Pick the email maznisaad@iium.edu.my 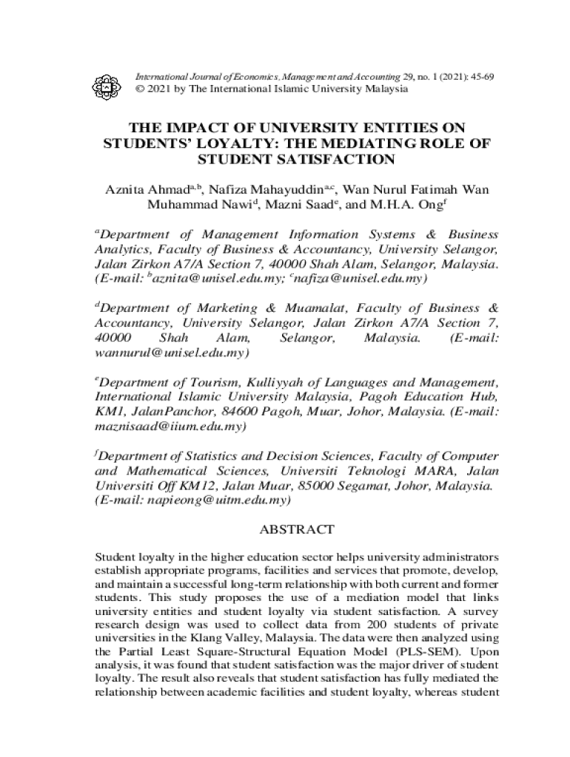point(171,427)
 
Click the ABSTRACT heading point(297,530)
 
